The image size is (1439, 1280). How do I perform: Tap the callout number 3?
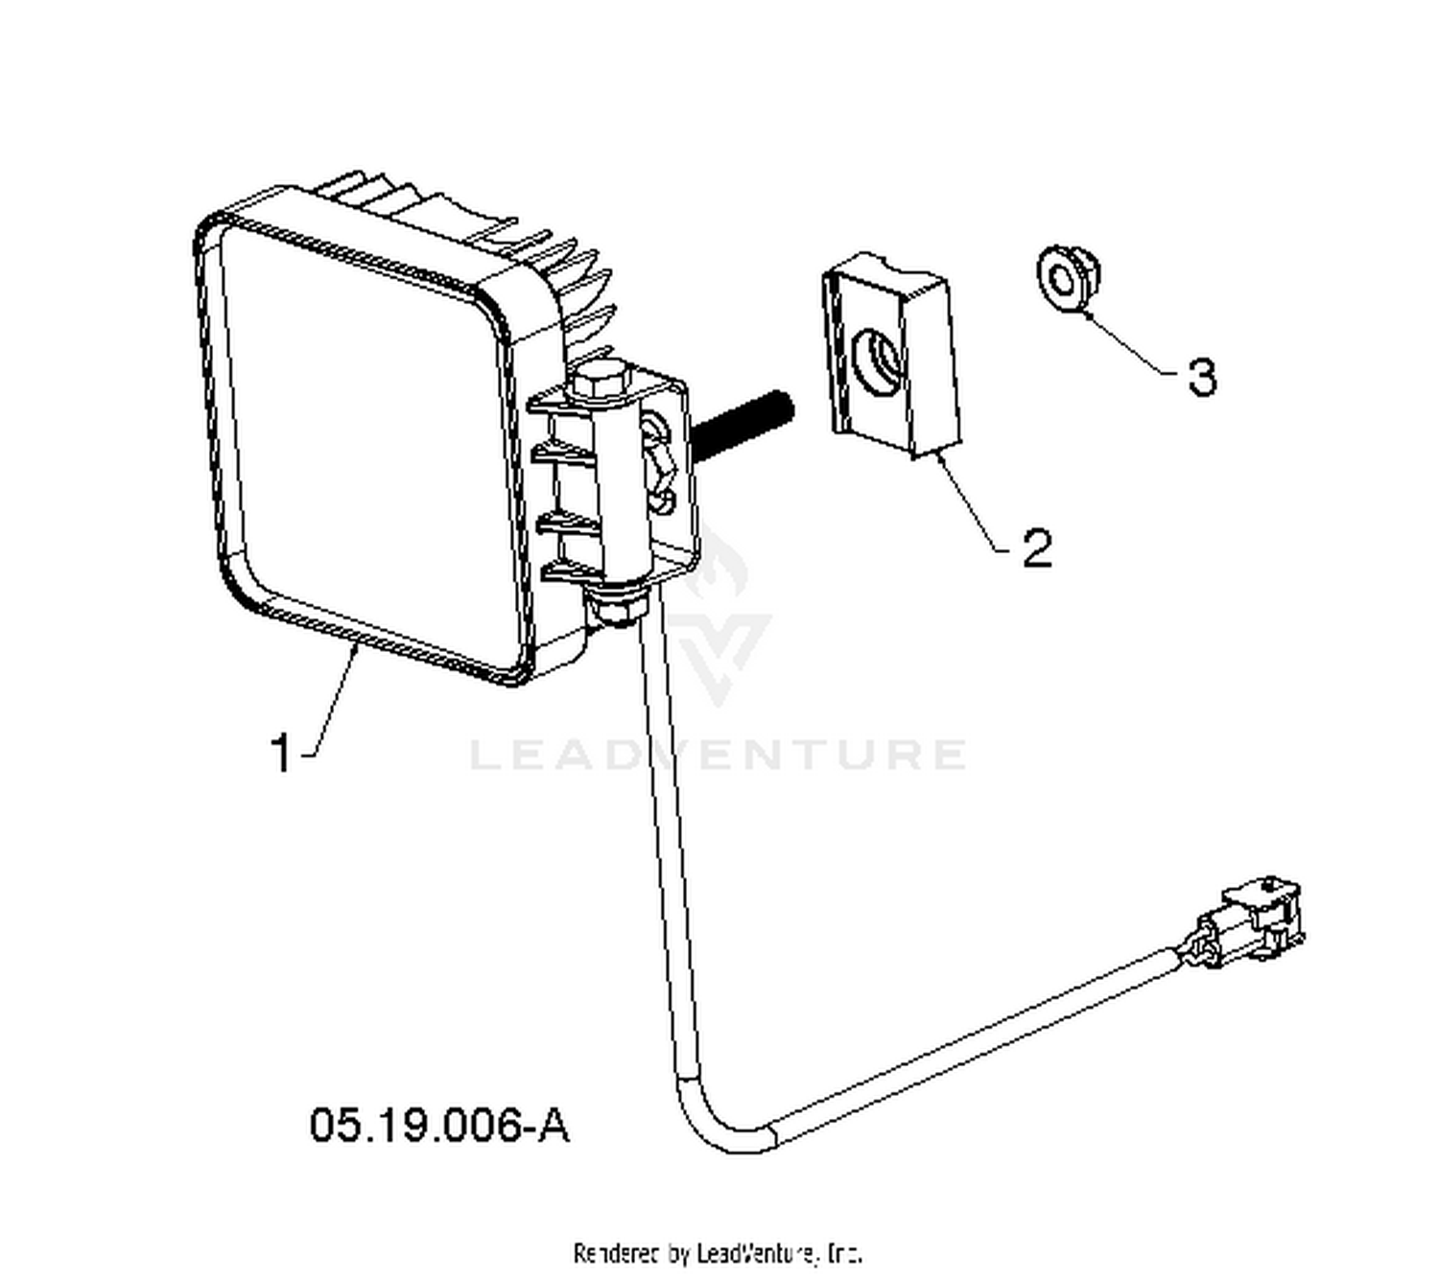coord(1202,376)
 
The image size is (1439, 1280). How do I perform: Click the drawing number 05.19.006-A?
coord(439,1125)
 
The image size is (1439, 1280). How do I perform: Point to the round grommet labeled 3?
coord(1069,278)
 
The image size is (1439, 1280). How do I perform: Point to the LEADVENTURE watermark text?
coord(718,754)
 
